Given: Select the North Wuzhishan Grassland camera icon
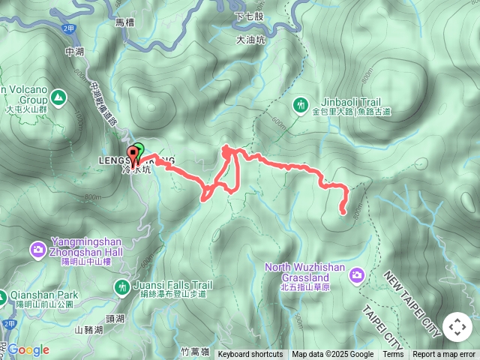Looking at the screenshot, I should (x=356, y=275).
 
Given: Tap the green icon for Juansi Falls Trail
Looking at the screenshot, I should (x=122, y=287).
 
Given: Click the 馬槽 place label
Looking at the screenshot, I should (x=124, y=23).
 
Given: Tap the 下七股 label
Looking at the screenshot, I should (x=249, y=16).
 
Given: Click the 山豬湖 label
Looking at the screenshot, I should (x=89, y=329).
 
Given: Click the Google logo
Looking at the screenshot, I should (x=28, y=349).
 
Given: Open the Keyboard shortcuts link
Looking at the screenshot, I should (x=250, y=355).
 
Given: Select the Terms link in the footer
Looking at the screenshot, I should (x=393, y=355).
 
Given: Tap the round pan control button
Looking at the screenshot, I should (x=457, y=327).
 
